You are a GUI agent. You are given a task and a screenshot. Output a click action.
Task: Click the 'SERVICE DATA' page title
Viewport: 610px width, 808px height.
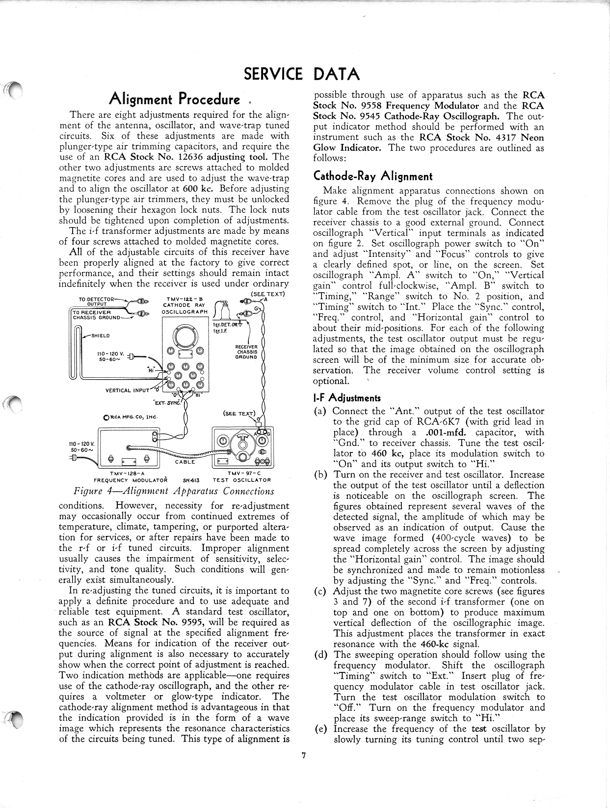click(x=302, y=74)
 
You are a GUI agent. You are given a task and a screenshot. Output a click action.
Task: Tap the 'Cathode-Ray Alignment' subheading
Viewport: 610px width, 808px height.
click(x=373, y=176)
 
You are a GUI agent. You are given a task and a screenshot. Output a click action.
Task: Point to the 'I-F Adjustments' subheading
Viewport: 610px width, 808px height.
click(x=347, y=398)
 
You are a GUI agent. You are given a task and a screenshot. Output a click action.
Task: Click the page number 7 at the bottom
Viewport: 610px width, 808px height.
click(x=304, y=756)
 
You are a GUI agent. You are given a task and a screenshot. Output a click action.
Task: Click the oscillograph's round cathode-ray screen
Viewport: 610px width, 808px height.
click(x=186, y=337)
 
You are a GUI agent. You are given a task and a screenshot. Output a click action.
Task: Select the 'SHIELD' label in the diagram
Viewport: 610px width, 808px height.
click(x=101, y=336)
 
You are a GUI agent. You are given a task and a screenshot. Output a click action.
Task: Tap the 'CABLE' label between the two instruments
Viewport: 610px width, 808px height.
click(x=185, y=462)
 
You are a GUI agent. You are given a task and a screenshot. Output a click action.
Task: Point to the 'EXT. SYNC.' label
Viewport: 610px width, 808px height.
click(x=168, y=403)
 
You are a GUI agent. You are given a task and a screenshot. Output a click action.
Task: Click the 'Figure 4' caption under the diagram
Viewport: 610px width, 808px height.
click(x=173, y=491)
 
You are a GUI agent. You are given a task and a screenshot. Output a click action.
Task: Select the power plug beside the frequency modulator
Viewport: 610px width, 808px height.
click(x=75, y=458)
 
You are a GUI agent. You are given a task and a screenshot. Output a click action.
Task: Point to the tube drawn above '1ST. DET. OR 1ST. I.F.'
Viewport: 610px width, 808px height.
click(x=226, y=311)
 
